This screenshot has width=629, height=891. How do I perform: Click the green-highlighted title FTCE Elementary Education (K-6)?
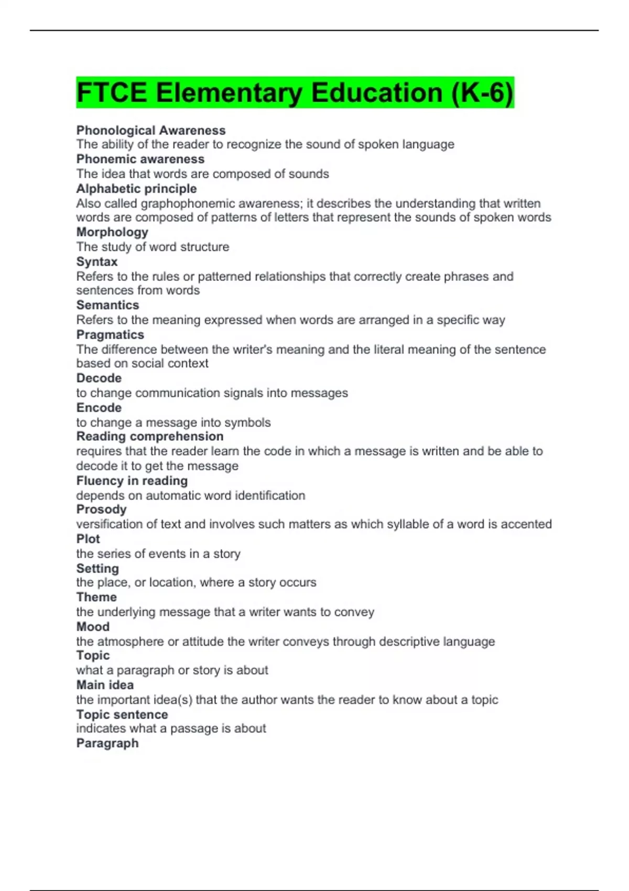[x=295, y=93]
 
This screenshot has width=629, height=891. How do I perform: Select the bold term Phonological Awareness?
[x=151, y=130]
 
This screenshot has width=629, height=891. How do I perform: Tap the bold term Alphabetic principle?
[x=136, y=189]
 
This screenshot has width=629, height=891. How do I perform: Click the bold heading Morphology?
[x=112, y=232]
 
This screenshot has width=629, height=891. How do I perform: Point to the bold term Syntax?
[x=97, y=262]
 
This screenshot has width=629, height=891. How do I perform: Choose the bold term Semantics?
[x=107, y=305]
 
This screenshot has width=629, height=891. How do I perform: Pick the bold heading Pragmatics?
[x=110, y=334]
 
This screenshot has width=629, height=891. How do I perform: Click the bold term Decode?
[x=99, y=378]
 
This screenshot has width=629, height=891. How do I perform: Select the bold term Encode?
[x=99, y=408]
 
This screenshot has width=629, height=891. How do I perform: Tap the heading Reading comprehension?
[x=150, y=437]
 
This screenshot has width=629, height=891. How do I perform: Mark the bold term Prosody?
[x=102, y=509]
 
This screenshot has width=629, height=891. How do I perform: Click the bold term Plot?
[x=88, y=539]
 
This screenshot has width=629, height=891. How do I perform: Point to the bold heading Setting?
[x=97, y=569]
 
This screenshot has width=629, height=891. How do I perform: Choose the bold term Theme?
[x=96, y=597]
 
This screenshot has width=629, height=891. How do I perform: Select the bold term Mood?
[x=93, y=627]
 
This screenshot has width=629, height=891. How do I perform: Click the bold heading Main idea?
[x=105, y=685]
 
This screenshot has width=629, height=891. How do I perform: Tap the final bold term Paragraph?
[x=107, y=743]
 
